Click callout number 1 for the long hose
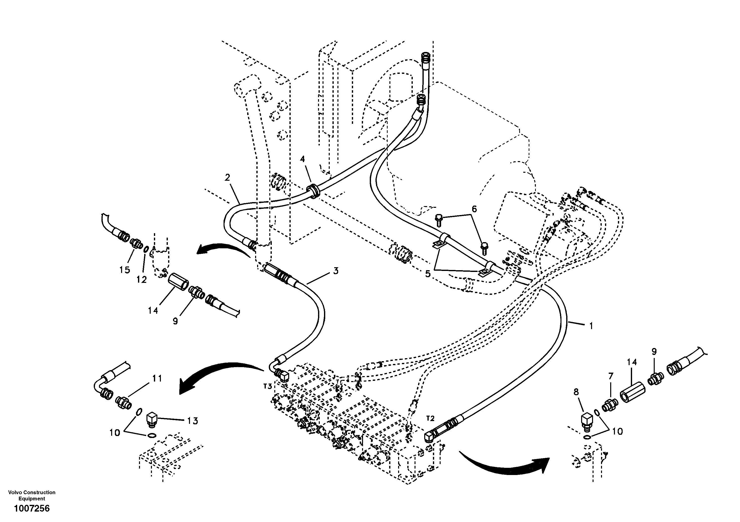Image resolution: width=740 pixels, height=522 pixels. pyautogui.click(x=591, y=326)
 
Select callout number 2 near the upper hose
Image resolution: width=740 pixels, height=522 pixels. pyautogui.click(x=228, y=177)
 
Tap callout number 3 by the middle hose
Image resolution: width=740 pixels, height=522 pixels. pyautogui.click(x=335, y=271)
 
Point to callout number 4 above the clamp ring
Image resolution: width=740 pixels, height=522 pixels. pyautogui.click(x=302, y=159)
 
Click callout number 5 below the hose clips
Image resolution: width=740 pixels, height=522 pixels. pyautogui.click(x=428, y=274)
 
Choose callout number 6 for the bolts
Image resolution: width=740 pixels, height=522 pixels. pyautogui.click(x=474, y=209)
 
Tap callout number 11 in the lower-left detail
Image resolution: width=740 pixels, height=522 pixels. pyautogui.click(x=157, y=378)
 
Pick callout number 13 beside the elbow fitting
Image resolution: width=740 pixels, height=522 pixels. pyautogui.click(x=192, y=421)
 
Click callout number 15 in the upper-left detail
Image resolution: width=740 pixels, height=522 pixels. pyautogui.click(x=125, y=270)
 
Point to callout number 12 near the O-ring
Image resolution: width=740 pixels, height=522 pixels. pyautogui.click(x=141, y=279)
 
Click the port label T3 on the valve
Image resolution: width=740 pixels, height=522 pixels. pyautogui.click(x=268, y=386)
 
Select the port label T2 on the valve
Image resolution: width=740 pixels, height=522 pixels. pyautogui.click(x=430, y=419)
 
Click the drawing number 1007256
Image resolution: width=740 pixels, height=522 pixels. pyautogui.click(x=32, y=509)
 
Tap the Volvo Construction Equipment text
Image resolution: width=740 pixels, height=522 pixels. pyautogui.click(x=32, y=495)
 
